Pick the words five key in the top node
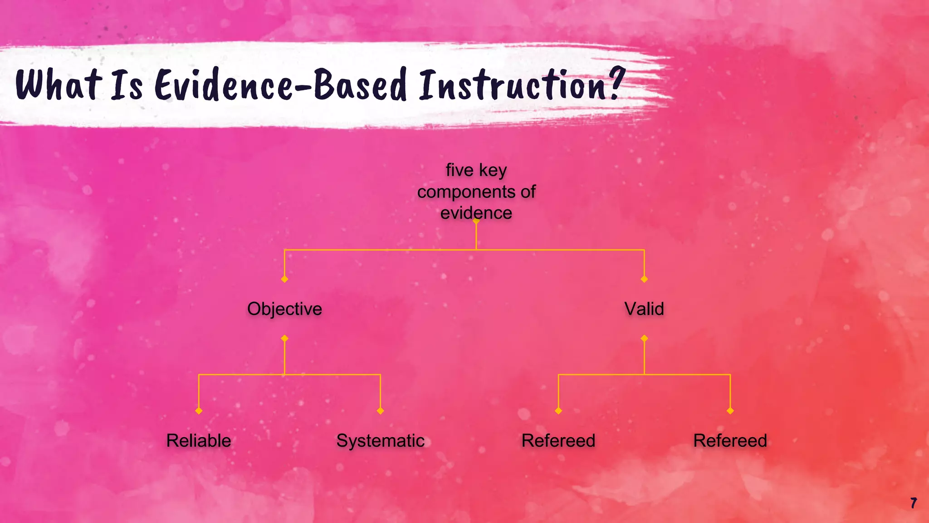(476, 170)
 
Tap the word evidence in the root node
(476, 213)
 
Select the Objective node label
(284, 309)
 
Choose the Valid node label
(644, 309)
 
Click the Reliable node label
(199, 440)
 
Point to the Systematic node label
(380, 440)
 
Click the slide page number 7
(914, 503)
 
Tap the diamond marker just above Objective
(284, 279)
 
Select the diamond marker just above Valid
(644, 279)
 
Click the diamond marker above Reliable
(199, 410)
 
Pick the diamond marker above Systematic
(380, 410)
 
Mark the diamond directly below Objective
(284, 338)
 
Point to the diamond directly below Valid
(644, 338)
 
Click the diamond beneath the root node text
(476, 221)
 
